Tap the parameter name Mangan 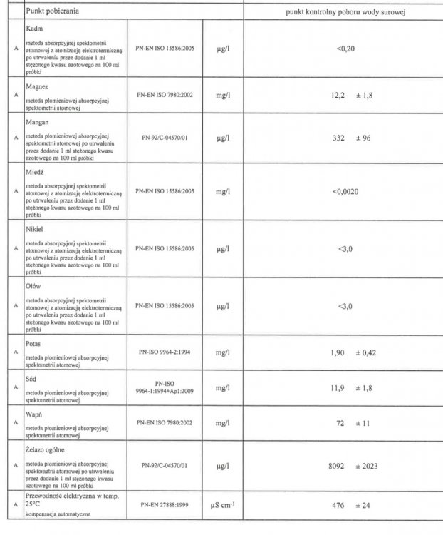[x=37, y=122]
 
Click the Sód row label [x=32, y=379]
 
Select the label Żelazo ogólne [x=46, y=450]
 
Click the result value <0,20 [x=346, y=49]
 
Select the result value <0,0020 [x=346, y=191]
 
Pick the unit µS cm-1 [x=222, y=506]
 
